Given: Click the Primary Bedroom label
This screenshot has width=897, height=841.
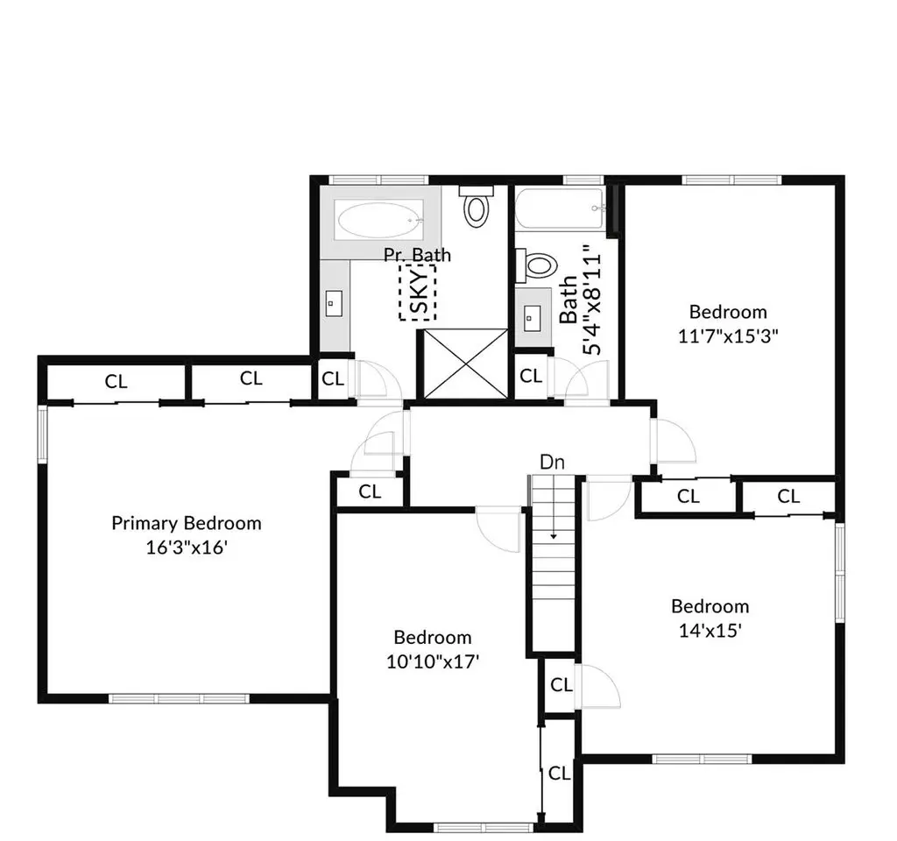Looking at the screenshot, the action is point(187,523).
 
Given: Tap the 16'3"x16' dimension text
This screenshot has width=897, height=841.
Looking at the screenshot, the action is point(187,548).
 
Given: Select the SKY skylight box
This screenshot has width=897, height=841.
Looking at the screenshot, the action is point(418,292).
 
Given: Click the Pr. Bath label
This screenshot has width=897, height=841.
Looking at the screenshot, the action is point(417,255).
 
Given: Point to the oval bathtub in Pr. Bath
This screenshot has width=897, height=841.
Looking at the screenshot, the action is point(378,220).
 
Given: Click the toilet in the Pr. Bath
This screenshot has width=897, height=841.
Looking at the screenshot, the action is point(476,205).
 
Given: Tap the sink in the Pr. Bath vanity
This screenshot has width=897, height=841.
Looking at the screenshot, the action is point(334,303).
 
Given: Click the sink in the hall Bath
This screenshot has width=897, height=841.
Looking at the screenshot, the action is point(532,317).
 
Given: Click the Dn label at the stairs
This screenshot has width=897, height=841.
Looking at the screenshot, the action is point(552,462).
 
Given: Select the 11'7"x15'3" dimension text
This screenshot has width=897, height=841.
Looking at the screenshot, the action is point(728,336).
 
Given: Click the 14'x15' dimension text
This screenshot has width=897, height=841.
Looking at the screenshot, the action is point(710,631).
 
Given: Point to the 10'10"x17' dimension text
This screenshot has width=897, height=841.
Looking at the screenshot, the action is point(433,662).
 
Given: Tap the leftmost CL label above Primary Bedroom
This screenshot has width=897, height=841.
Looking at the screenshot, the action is point(116,382).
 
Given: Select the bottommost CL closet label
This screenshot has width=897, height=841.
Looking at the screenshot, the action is point(559,774).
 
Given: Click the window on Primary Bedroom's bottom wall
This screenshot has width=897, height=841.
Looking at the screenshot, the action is point(179,698).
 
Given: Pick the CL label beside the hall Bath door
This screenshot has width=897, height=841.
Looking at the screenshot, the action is point(531,376).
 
